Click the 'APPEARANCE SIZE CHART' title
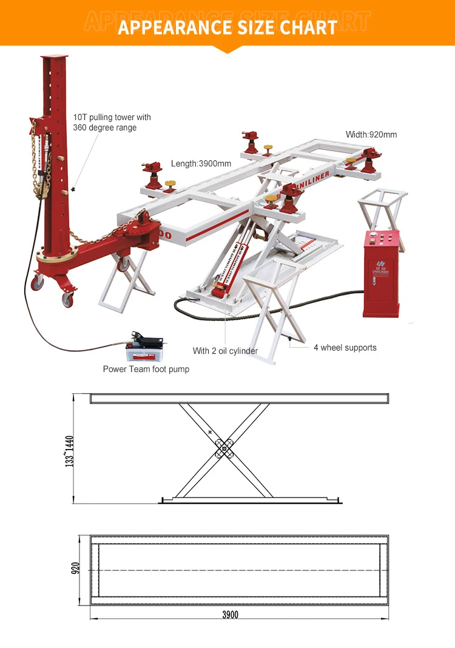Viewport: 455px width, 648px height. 227,27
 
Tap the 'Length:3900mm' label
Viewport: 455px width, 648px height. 201,164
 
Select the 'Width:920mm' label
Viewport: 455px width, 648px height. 371,134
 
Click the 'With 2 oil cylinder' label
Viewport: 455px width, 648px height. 225,351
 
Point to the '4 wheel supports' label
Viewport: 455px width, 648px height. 345,348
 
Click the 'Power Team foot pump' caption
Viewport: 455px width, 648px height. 146,369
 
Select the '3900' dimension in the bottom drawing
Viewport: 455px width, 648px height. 230,615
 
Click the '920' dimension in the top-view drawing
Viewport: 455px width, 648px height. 76,569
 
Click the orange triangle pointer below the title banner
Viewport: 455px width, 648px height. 227,50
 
